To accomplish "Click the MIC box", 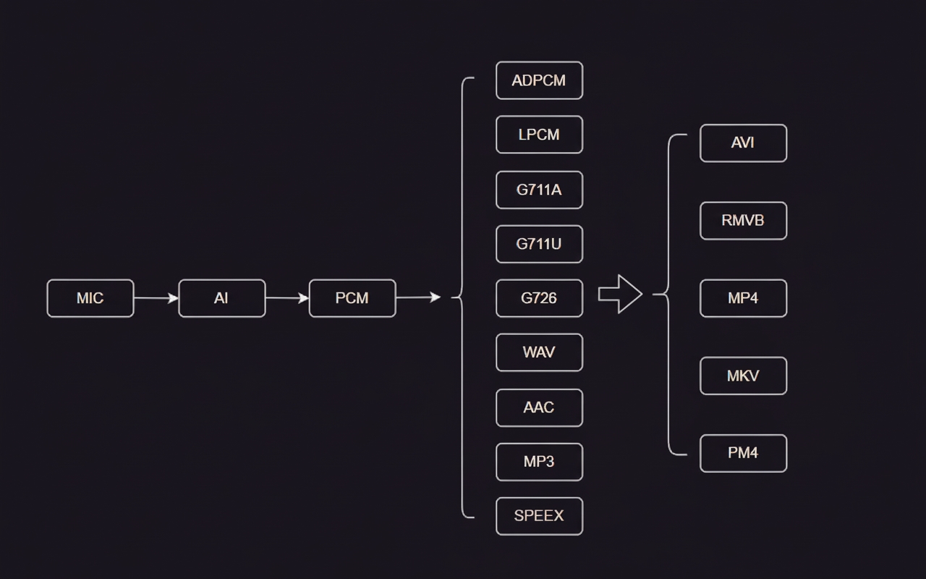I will click(90, 298).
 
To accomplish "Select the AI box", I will click(221, 298).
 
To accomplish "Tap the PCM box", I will click(352, 298).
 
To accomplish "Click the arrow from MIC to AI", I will click(156, 298).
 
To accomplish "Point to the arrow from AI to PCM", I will click(286, 298).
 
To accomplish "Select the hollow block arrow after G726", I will click(620, 294).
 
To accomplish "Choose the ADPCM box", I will click(539, 80).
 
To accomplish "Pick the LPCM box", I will click(539, 135).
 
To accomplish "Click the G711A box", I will click(539, 190).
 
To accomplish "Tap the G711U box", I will click(539, 244).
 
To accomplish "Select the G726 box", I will click(539, 298).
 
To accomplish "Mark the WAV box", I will click(539, 352).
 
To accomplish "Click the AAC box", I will click(539, 407).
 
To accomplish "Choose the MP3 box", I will click(539, 462).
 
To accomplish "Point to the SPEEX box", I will click(539, 516).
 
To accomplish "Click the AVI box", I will click(743, 143).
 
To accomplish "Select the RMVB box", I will click(743, 221).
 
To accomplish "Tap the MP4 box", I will click(743, 298).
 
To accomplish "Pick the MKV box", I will click(743, 376).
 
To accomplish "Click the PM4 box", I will click(743, 453).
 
